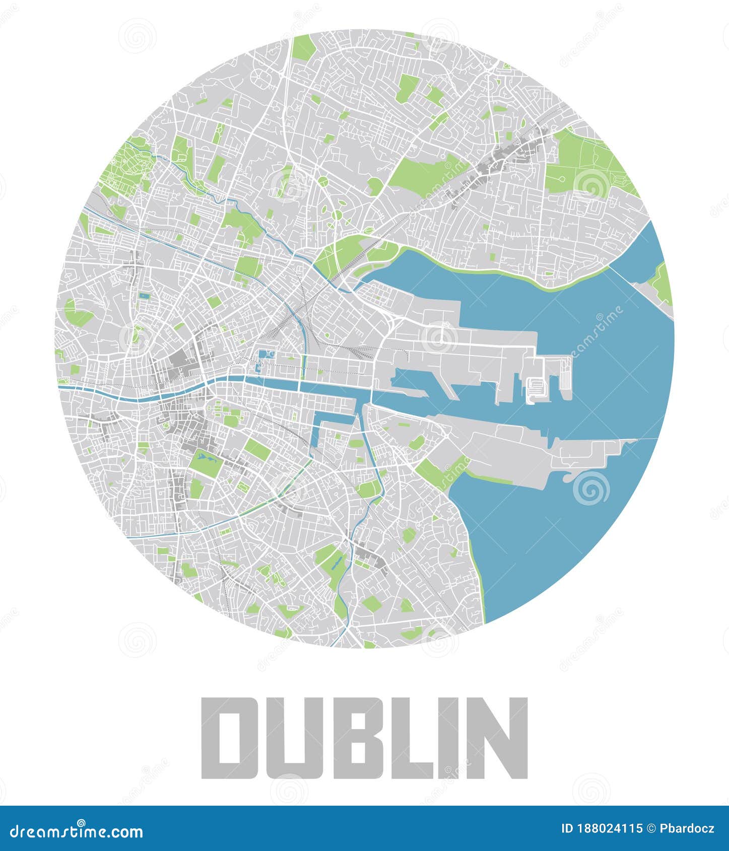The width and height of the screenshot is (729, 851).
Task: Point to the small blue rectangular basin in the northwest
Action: tap(145, 296)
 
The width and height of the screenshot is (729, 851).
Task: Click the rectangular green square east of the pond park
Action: tap(257, 449)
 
